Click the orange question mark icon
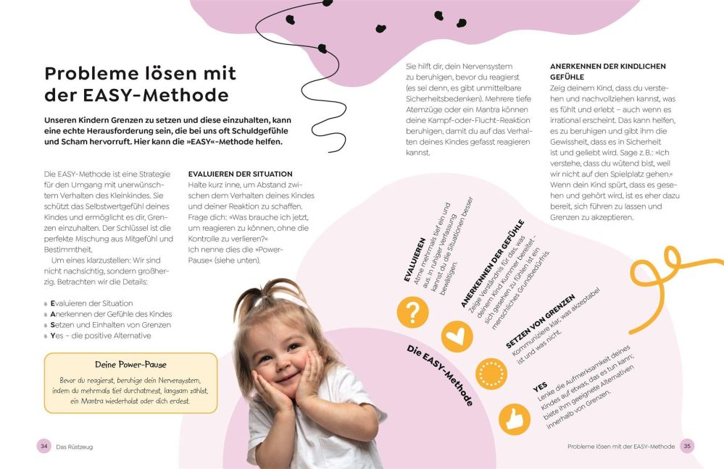412,313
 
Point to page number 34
43,447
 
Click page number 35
687,447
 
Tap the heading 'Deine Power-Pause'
130,365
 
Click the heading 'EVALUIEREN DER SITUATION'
240,174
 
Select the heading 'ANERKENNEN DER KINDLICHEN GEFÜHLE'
607,71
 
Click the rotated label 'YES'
539,387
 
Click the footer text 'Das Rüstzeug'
75,447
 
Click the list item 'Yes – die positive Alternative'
101,336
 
